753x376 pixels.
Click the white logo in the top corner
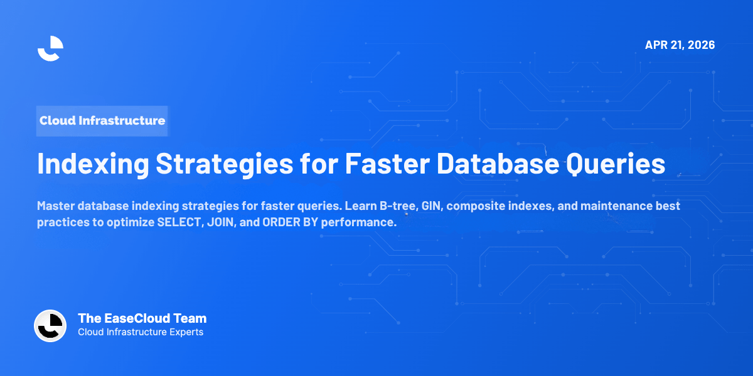click(50, 48)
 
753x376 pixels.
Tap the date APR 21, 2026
click(680, 45)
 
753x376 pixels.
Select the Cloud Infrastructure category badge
click(102, 120)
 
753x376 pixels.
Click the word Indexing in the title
click(92, 164)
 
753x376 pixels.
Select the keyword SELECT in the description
click(178, 223)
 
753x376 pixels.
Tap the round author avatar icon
click(50, 326)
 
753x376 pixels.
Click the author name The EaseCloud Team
click(142, 318)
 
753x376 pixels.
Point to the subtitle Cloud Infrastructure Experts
click(141, 332)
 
